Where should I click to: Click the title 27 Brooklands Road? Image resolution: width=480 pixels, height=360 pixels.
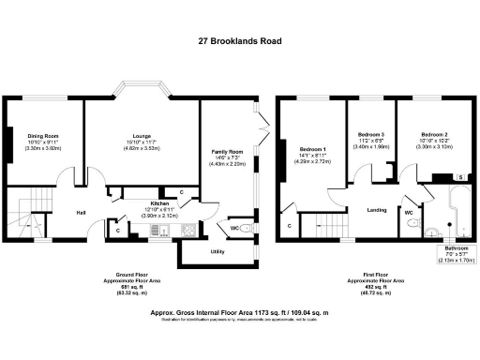coord(240,41)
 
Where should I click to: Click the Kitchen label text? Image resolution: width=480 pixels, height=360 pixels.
coord(159,203)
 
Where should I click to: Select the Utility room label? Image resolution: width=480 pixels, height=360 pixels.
coord(217,252)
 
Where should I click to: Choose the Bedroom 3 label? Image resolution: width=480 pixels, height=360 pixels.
coord(369,136)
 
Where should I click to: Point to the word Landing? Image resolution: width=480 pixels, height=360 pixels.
coord(377,210)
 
